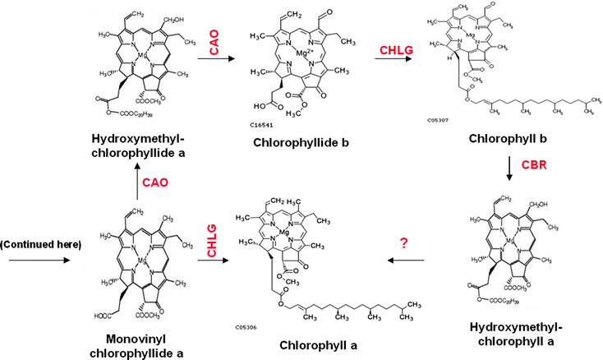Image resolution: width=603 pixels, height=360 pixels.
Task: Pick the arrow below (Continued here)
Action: coord(35,261)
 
